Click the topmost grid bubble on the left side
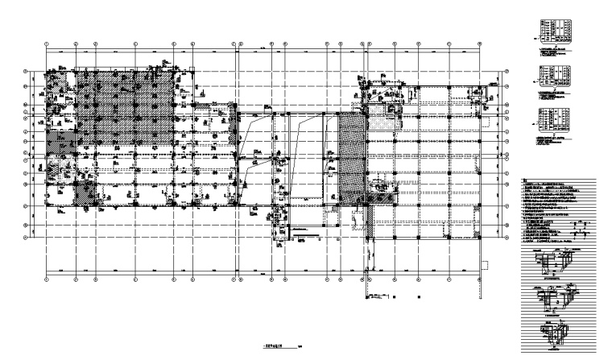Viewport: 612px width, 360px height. coord(27,71)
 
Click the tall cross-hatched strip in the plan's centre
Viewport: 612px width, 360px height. coord(350,156)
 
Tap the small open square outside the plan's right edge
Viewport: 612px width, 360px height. coord(485,263)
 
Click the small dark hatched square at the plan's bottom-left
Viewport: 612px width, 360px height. coord(85,192)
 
